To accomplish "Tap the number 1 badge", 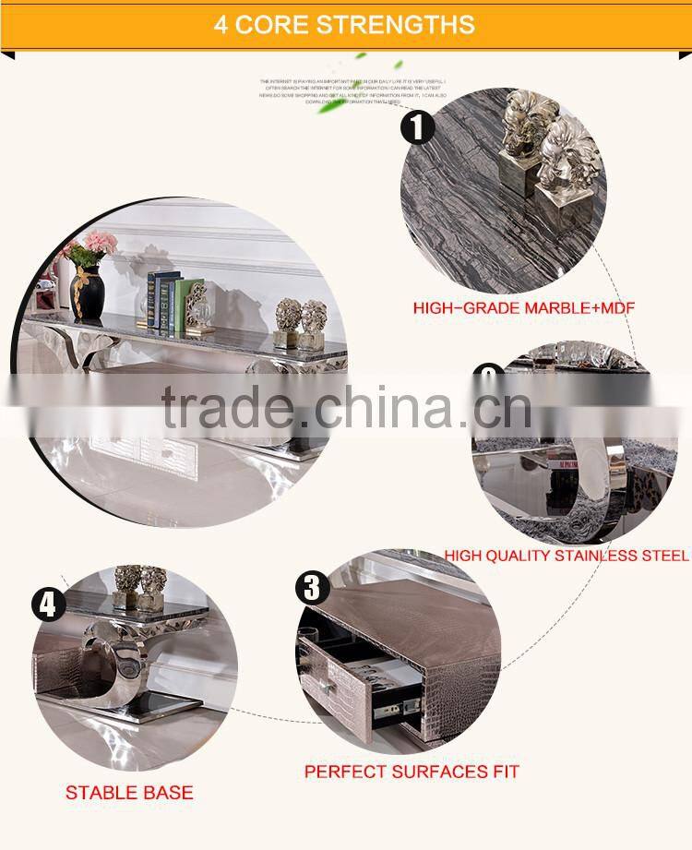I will pyautogui.click(x=417, y=126).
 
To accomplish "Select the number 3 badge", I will pyautogui.click(x=312, y=588).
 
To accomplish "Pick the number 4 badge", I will pyautogui.click(x=48, y=605).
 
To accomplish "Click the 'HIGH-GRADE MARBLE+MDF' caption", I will pyautogui.click(x=524, y=307).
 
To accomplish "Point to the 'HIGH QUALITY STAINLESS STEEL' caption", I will pyautogui.click(x=567, y=556).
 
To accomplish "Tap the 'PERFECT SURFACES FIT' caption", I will pyautogui.click(x=412, y=771).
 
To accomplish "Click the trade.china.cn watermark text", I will pyautogui.click(x=346, y=407).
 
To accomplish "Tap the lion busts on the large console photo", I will pyautogui.click(x=302, y=322).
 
